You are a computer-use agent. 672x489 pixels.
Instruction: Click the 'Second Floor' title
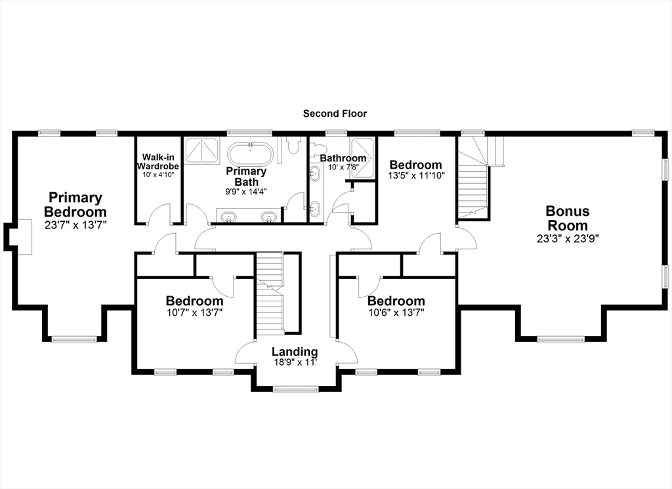click(335, 114)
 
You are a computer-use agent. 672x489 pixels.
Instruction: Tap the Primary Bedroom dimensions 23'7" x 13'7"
click(75, 225)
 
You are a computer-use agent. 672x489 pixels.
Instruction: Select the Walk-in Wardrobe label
click(157, 161)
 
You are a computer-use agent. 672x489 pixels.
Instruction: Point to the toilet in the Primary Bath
click(293, 144)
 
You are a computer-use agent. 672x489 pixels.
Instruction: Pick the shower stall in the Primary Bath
click(202, 150)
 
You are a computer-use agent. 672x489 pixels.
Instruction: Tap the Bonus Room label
click(568, 218)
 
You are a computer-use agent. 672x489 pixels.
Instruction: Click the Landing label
click(295, 352)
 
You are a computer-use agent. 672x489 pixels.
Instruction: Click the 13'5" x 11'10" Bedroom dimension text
click(417, 175)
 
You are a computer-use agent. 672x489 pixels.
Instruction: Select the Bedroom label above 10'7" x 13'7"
click(194, 301)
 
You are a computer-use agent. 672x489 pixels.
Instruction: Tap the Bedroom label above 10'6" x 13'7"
click(396, 301)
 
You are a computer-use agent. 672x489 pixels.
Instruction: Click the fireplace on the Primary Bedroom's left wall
click(18, 236)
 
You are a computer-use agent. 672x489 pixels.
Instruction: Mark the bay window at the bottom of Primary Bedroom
click(74, 340)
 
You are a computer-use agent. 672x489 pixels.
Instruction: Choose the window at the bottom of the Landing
click(296, 390)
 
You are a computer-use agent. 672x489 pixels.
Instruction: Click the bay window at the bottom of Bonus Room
click(561, 340)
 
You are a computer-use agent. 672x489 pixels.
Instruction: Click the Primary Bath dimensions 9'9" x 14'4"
click(247, 192)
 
